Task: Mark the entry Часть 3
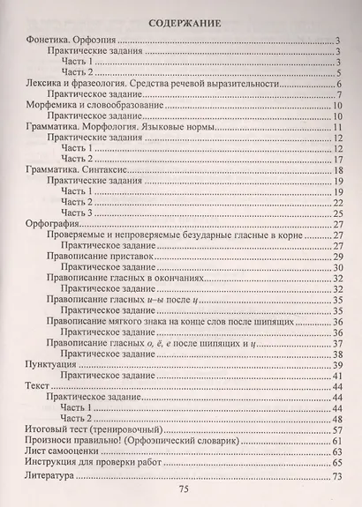[76, 212]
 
